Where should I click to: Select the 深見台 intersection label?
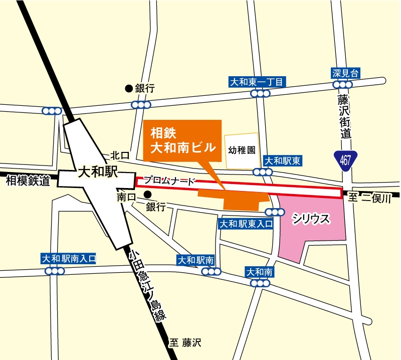(346, 73)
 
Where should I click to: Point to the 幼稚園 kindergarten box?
(242, 150)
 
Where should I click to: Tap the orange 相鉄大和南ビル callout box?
(182, 140)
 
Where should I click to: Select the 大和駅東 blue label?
(283, 161)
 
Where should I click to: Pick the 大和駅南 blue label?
(196, 260)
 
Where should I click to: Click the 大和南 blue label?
(259, 272)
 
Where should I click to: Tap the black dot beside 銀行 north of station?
(129, 89)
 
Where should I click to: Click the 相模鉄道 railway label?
(28, 181)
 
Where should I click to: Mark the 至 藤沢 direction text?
(185, 343)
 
